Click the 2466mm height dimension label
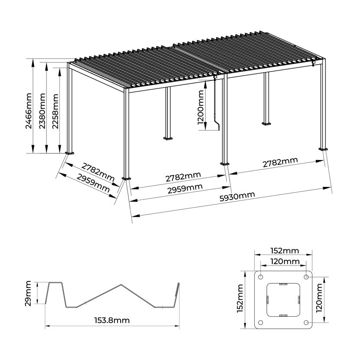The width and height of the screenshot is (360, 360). pos(29,111)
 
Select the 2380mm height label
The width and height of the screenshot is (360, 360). pos(42,111)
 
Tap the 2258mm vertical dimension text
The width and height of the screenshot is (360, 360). pos(56,111)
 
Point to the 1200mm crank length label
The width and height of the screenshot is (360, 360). pos(201,107)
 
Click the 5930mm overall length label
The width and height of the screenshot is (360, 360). pos(237,196)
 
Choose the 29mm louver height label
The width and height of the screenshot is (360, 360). pos(28,293)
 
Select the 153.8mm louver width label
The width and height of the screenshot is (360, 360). pos(112,320)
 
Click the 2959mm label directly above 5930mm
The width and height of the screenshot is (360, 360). pos(185,189)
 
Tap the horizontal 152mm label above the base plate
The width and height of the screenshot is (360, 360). pos(285,251)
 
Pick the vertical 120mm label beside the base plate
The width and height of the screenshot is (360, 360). pos(319,298)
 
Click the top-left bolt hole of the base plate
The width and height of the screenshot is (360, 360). pos(261,277)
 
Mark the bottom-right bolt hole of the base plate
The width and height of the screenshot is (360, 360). pos(306,323)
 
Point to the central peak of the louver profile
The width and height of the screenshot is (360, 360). pos(121,285)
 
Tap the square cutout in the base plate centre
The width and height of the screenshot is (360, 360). pos(283,300)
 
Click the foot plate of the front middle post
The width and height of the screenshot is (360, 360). pos(225,164)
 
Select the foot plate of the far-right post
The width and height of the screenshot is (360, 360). pos(323,149)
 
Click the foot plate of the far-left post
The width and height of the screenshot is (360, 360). pos(69,153)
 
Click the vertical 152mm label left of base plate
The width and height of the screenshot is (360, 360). pos(240,298)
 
